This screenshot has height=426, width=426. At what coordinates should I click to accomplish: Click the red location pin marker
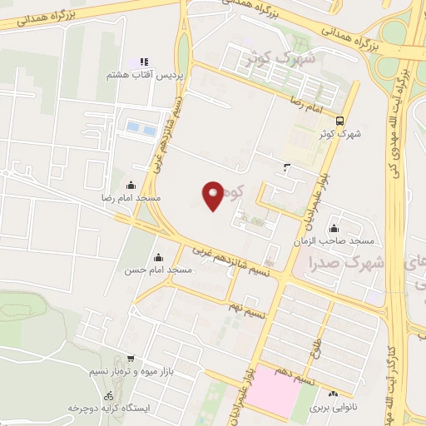214,195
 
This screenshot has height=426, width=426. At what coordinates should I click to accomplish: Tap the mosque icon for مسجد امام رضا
131,186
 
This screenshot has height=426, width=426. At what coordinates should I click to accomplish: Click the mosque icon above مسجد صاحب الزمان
334,228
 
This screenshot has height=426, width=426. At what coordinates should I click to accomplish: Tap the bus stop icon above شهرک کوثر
339,120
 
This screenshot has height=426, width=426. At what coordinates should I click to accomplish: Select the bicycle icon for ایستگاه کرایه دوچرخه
109,394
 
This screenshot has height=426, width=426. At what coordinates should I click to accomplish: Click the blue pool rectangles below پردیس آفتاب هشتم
141,128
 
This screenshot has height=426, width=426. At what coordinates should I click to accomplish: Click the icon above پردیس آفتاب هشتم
143,62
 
